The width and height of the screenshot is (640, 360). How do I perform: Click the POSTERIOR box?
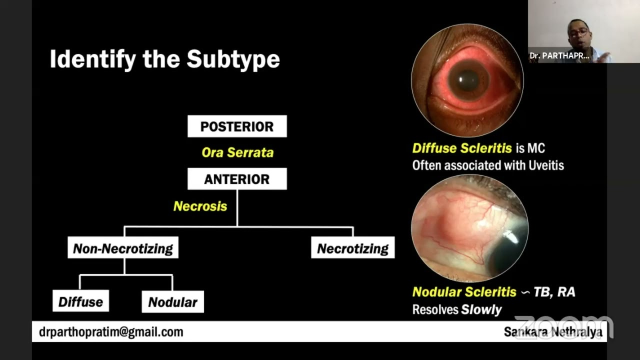(x=237, y=126)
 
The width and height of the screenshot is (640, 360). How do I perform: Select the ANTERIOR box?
(x=237, y=179)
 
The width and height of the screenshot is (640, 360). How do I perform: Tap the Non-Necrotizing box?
(x=123, y=248)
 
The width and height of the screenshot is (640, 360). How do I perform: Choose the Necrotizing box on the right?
(x=352, y=248)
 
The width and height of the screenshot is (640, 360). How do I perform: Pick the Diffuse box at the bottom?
(x=80, y=301)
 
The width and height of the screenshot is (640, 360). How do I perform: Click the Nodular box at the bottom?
(x=172, y=302)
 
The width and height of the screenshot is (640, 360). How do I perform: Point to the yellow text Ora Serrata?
(x=237, y=152)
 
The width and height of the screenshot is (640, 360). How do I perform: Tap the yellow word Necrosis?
(x=200, y=206)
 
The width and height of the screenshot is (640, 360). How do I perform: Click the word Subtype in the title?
(x=233, y=59)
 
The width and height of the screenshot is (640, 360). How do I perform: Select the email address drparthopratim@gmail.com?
(x=111, y=332)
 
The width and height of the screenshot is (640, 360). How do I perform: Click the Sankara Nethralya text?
(x=552, y=332)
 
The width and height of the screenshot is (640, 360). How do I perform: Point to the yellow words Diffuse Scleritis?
(x=462, y=148)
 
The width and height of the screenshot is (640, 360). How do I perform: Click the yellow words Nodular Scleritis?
(x=464, y=291)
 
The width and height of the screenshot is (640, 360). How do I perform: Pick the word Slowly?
(x=481, y=309)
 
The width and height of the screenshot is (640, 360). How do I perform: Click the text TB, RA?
(x=554, y=291)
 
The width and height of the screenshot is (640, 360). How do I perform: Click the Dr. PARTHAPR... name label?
(x=559, y=56)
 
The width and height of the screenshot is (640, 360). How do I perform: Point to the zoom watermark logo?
(x=563, y=326)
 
